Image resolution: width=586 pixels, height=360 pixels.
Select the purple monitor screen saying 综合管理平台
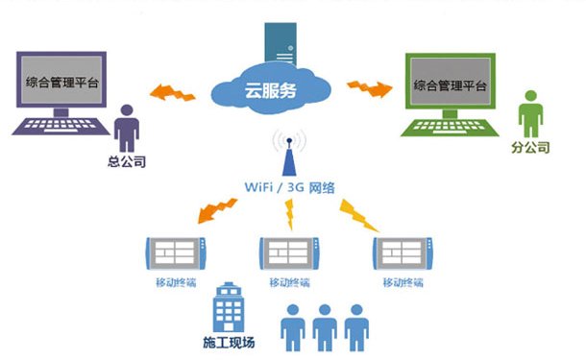pos(61,84)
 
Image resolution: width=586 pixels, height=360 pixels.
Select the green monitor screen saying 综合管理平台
pos(450,84)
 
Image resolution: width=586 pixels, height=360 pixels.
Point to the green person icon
pos(528,113)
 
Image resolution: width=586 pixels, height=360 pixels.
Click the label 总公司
pos(126,162)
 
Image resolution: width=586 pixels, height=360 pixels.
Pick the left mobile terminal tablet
pos(175,252)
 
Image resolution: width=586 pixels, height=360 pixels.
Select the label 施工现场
pos(230,342)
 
